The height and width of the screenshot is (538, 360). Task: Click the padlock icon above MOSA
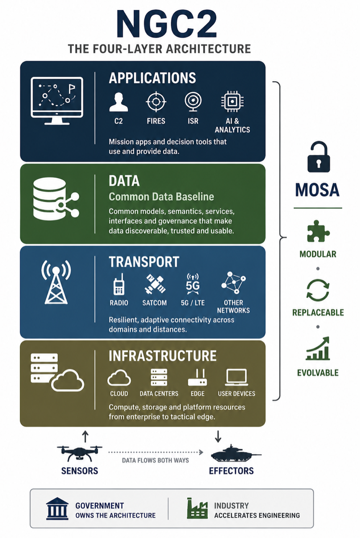point(319,157)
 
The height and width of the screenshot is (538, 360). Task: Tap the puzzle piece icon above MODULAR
point(318,231)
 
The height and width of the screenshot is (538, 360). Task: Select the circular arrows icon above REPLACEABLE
point(318,290)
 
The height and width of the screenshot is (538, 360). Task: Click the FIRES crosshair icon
point(156,101)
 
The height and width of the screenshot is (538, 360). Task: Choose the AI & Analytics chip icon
point(232,101)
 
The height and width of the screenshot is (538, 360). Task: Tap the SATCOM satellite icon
point(155,284)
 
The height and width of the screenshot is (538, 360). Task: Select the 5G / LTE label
point(193,303)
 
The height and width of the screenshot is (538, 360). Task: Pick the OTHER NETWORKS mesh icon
point(234,283)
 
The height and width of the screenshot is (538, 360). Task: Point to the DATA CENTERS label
point(159,394)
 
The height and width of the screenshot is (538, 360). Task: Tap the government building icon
point(57,508)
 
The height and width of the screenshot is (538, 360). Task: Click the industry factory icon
point(197,508)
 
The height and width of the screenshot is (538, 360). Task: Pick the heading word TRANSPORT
point(144,262)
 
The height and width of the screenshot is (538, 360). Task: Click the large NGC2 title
point(167,24)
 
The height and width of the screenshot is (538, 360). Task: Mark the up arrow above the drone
point(86,437)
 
